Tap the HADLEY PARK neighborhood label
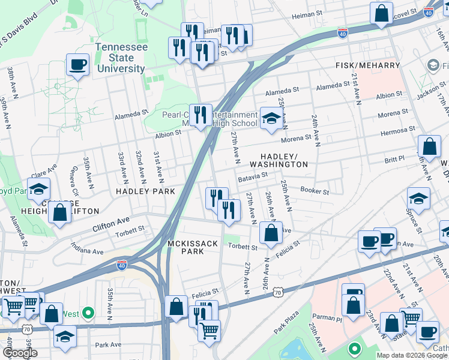coord(146,191)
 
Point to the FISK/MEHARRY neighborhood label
coord(367,65)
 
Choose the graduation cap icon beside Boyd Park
coord(38,188)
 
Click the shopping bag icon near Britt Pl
coord(429,146)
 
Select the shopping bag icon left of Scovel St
coord(381,13)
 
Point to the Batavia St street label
coord(252,176)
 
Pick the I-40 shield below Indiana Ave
coord(121,265)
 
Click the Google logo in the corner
coord(20,353)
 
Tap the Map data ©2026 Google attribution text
coord(411,355)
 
